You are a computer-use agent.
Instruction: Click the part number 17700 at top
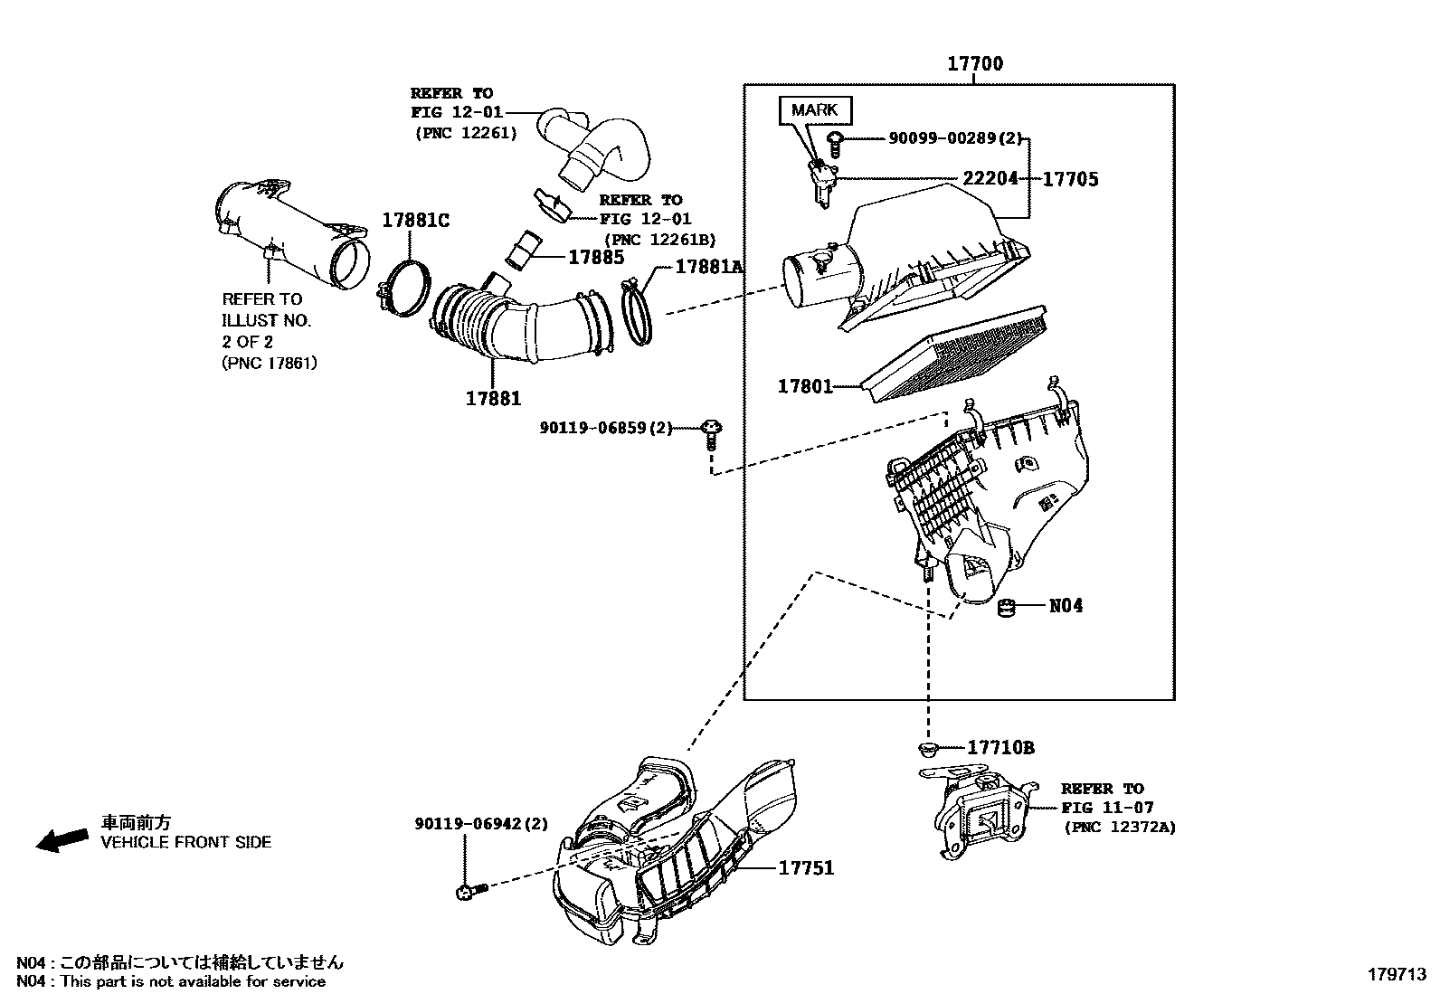click(x=974, y=64)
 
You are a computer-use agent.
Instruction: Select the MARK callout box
click(x=814, y=110)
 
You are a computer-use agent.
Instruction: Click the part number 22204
click(x=990, y=179)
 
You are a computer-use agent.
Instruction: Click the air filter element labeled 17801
click(x=954, y=357)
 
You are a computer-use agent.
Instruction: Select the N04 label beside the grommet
click(x=1066, y=606)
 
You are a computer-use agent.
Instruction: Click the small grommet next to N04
click(x=1007, y=607)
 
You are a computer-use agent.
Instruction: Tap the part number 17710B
click(x=1000, y=748)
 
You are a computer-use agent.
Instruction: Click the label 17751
click(x=807, y=868)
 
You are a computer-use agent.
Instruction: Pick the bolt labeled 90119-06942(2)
click(x=470, y=892)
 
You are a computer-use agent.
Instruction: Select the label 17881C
click(x=415, y=221)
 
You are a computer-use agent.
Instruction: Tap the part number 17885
click(x=595, y=258)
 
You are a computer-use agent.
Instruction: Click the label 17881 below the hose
click(x=493, y=398)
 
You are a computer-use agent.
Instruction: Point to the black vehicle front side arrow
click(x=62, y=839)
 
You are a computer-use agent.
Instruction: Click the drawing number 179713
click(x=1396, y=975)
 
